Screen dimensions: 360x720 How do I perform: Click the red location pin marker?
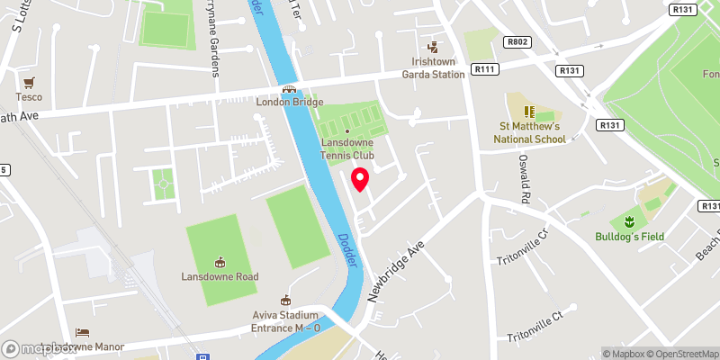[x=360, y=179]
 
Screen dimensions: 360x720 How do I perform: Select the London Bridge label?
[x=289, y=101]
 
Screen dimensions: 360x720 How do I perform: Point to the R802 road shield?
[x=516, y=41]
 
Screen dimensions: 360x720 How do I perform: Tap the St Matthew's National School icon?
[x=529, y=112]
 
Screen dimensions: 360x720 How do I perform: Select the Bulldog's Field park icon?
[x=628, y=221]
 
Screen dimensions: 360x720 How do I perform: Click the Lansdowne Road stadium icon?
[x=220, y=262]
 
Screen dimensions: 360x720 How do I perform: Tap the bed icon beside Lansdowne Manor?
[x=83, y=332]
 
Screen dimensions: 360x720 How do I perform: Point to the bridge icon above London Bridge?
[x=289, y=88]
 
